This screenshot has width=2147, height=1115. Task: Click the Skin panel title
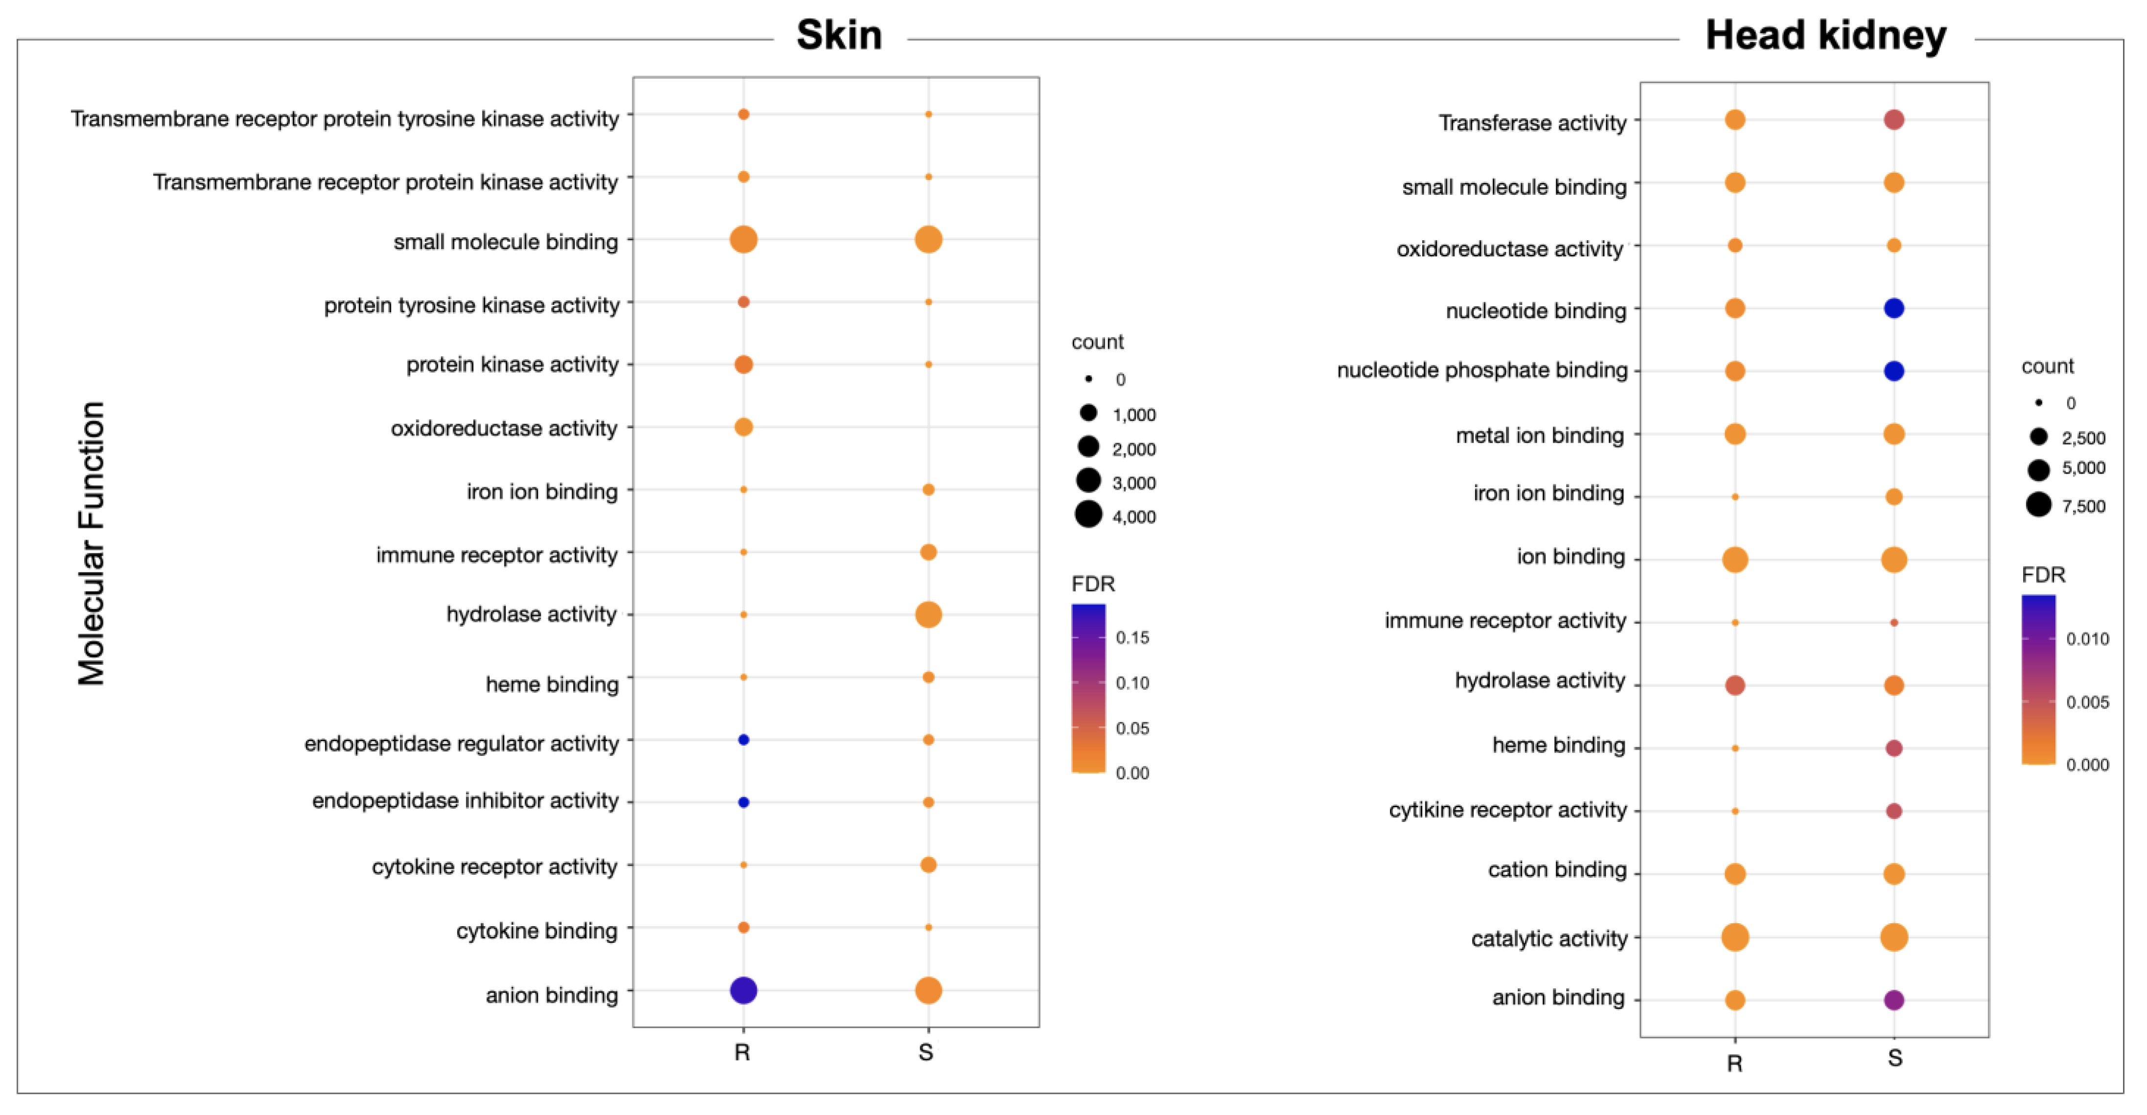pyautogui.click(x=838, y=36)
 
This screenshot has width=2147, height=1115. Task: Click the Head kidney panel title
pyautogui.click(x=1825, y=36)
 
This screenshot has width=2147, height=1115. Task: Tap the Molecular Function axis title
pyautogui.click(x=92, y=544)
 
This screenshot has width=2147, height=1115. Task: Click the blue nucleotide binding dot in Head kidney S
pyautogui.click(x=1893, y=308)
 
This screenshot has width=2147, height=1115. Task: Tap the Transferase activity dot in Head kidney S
pyautogui.click(x=1893, y=120)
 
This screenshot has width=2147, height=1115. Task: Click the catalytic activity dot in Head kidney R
pyautogui.click(x=1734, y=936)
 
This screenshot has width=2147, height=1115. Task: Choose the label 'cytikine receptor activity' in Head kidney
pyautogui.click(x=1507, y=810)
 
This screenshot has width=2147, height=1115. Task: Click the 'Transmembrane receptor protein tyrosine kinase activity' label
pyautogui.click(x=344, y=119)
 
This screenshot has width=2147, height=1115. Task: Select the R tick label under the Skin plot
pyautogui.click(x=742, y=1052)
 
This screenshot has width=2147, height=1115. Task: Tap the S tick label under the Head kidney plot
pyautogui.click(x=1894, y=1058)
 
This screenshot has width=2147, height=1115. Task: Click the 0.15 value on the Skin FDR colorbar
pyautogui.click(x=1132, y=637)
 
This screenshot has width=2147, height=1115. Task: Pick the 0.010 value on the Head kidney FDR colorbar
pyautogui.click(x=2087, y=639)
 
